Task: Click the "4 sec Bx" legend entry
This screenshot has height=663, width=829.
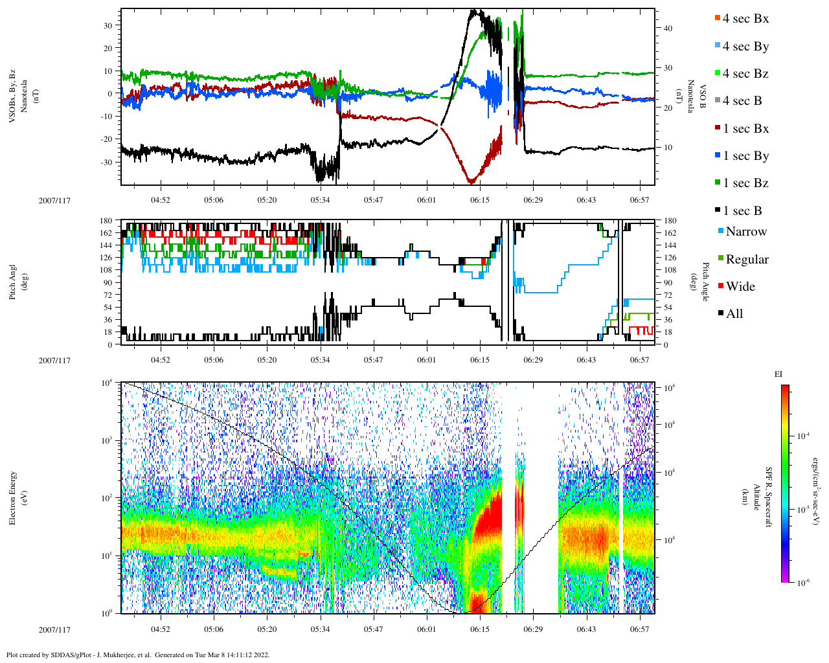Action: pyautogui.click(x=745, y=19)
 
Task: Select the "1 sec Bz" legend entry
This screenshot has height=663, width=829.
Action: pyautogui.click(x=745, y=183)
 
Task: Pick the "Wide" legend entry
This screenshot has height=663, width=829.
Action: pyautogui.click(x=740, y=287)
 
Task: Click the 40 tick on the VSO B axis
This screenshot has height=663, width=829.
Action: pyautogui.click(x=667, y=28)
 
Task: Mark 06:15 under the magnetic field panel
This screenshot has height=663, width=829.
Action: pyautogui.click(x=480, y=200)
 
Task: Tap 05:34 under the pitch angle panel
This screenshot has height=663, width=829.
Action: pyautogui.click(x=320, y=360)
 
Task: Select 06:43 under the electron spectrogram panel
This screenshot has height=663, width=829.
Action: pyautogui.click(x=586, y=629)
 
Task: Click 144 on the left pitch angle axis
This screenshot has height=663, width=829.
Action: pyautogui.click(x=107, y=245)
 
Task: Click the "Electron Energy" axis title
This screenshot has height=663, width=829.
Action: pyautogui.click(x=13, y=498)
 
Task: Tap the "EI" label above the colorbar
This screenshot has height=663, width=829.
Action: pyautogui.click(x=778, y=374)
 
